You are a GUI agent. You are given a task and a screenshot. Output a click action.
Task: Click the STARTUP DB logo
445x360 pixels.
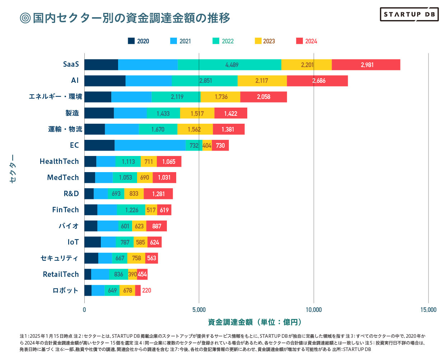[409, 14]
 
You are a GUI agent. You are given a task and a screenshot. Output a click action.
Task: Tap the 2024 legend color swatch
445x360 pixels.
[299, 41]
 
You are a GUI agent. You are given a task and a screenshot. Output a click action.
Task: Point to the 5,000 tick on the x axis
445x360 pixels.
[199, 310]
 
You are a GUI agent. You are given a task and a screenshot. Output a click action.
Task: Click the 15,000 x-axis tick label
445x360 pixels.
[428, 310]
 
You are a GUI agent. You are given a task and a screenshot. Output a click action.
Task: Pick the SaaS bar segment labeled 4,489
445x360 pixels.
[230, 65]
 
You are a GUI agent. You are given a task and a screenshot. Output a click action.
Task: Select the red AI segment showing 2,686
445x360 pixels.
[317, 81]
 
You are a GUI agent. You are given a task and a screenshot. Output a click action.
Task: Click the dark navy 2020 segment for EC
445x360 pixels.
[99, 145]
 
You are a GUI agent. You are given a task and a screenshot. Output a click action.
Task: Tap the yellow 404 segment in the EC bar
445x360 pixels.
[207, 145]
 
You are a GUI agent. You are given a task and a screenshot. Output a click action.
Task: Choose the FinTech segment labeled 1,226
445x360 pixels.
[131, 210]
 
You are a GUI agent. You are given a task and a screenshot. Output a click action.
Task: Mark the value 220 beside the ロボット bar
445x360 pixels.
[146, 290]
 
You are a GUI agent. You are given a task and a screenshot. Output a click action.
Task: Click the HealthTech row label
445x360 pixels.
[59, 161]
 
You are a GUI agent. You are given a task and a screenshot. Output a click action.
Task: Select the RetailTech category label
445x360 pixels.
[61, 274]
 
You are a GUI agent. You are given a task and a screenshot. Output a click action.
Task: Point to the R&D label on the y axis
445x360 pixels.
[71, 194]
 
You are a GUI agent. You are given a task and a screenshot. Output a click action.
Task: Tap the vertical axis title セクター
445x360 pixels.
[13, 169]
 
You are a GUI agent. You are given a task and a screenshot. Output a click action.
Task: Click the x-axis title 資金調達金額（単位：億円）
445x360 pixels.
[254, 322]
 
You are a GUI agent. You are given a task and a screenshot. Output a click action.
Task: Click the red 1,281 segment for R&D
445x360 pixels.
[158, 194]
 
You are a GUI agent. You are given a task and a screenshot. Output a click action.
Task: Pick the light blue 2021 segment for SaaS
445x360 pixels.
[148, 65]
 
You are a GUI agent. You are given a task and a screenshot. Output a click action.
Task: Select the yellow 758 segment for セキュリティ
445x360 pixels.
[136, 258]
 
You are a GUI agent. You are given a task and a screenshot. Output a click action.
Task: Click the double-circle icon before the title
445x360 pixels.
[25, 18]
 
